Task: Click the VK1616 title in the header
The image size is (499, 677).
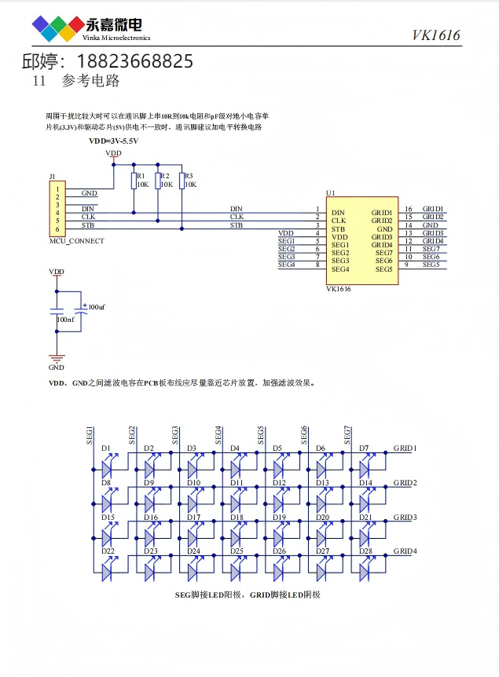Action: coord(436,35)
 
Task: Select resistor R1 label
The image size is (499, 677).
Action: coord(141,176)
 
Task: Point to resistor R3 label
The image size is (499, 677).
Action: coord(188,176)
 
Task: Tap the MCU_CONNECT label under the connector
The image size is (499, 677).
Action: coord(76,241)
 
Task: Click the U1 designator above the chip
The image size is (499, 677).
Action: coord(330,192)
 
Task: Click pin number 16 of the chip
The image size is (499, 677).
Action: coord(409,209)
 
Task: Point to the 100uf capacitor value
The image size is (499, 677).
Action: coord(97,306)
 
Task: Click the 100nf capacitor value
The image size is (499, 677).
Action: coord(66,320)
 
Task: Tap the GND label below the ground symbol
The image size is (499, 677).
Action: coord(57,367)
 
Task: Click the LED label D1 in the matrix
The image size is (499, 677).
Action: coord(106,448)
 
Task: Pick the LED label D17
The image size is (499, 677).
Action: coord(193,518)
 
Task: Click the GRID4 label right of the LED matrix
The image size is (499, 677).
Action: coord(405,551)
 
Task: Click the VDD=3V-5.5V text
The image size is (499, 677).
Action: coord(113,141)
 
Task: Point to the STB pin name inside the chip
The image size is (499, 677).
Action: coord(339,229)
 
